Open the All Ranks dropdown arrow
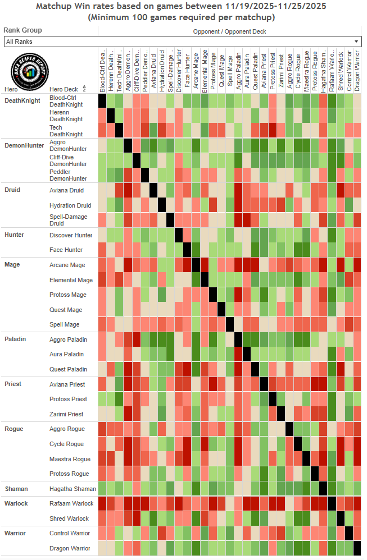point(356,42)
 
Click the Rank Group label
point(22,30)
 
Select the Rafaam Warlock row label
point(71,503)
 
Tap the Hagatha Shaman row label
point(73,489)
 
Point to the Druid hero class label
point(12,190)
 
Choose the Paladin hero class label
point(15,339)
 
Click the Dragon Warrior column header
point(357,70)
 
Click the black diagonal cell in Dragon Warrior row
point(357,548)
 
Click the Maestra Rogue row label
point(70,459)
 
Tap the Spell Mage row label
point(65,324)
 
